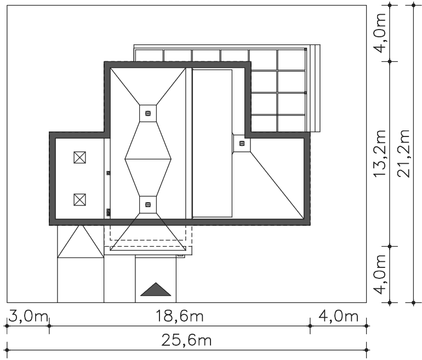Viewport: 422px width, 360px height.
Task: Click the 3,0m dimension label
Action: tap(28, 316)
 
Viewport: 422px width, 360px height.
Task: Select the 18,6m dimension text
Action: tap(180, 316)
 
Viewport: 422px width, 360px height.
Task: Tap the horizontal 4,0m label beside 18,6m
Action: tap(339, 316)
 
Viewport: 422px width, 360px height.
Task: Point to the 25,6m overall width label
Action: tap(186, 340)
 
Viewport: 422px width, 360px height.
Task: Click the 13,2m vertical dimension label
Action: tap(380, 153)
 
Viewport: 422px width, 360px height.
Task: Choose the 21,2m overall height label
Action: tap(403, 153)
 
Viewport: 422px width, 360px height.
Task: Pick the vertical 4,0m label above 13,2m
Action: tap(380, 33)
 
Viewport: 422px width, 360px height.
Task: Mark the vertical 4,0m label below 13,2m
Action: tap(380, 275)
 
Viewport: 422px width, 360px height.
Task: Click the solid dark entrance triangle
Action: tap(156, 289)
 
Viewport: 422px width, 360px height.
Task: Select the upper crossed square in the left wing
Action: tap(79, 157)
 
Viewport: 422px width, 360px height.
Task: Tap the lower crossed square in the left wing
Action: tap(79, 199)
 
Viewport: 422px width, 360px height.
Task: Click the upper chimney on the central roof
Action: tap(148, 113)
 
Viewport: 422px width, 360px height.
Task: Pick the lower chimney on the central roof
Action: tap(148, 205)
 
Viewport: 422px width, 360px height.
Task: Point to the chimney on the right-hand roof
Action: tap(242, 144)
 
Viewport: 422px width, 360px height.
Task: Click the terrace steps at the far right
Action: tap(315, 88)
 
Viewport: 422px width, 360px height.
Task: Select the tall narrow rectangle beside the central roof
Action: tap(212, 144)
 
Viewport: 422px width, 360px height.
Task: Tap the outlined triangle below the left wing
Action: tap(81, 242)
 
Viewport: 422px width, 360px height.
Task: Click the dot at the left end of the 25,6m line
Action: tap(7, 350)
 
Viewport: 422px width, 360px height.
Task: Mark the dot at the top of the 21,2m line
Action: tap(414, 5)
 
